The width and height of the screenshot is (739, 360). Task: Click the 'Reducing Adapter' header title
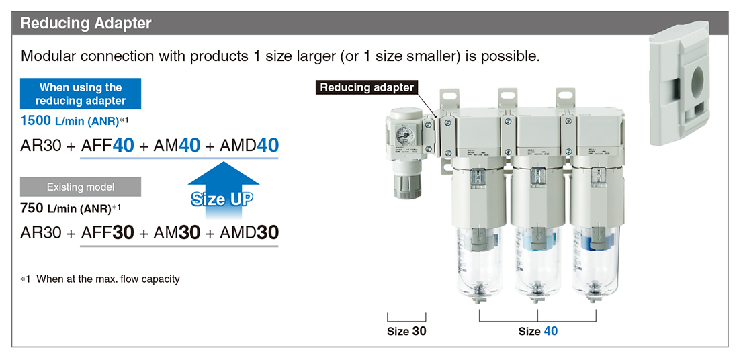(x=86, y=23)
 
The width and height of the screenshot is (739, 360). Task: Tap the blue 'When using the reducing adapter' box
(x=81, y=94)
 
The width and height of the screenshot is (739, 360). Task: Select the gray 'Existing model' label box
(x=81, y=187)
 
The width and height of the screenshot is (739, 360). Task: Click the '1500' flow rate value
(x=36, y=121)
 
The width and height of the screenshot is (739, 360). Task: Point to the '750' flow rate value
(x=31, y=208)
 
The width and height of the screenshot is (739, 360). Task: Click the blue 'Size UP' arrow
(x=223, y=190)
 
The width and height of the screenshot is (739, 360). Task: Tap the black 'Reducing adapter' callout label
(x=366, y=87)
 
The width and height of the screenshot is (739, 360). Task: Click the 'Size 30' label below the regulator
(x=406, y=331)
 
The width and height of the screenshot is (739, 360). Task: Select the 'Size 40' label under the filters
(x=537, y=331)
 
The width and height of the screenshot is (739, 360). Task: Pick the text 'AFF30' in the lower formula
(x=108, y=232)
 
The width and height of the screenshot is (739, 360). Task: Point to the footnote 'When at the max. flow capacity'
(x=108, y=279)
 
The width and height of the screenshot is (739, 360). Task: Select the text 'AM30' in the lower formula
(x=177, y=232)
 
